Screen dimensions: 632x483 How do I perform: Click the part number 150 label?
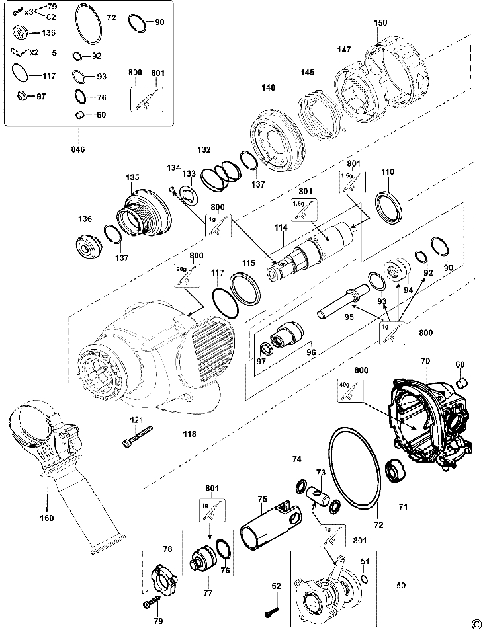click(x=380, y=23)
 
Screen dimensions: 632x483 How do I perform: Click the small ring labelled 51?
click(x=364, y=580)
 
